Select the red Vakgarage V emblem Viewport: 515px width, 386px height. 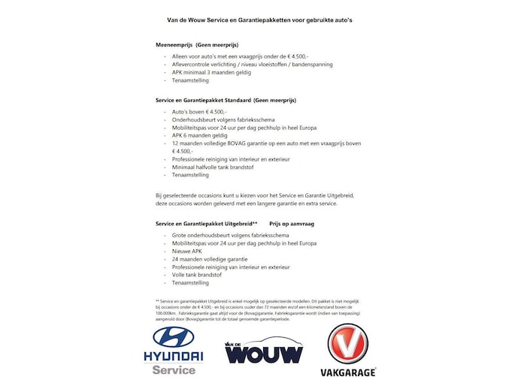point(347,343)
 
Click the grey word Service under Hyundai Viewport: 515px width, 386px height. point(174,369)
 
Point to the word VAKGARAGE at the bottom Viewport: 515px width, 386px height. point(347,372)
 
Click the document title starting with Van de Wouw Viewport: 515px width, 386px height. point(259,20)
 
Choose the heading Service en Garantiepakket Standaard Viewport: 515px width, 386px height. point(226,99)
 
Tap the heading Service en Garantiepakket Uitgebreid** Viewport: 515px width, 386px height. point(206,224)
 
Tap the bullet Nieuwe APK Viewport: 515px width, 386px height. point(188,251)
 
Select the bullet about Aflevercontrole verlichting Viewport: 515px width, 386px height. point(252,64)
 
